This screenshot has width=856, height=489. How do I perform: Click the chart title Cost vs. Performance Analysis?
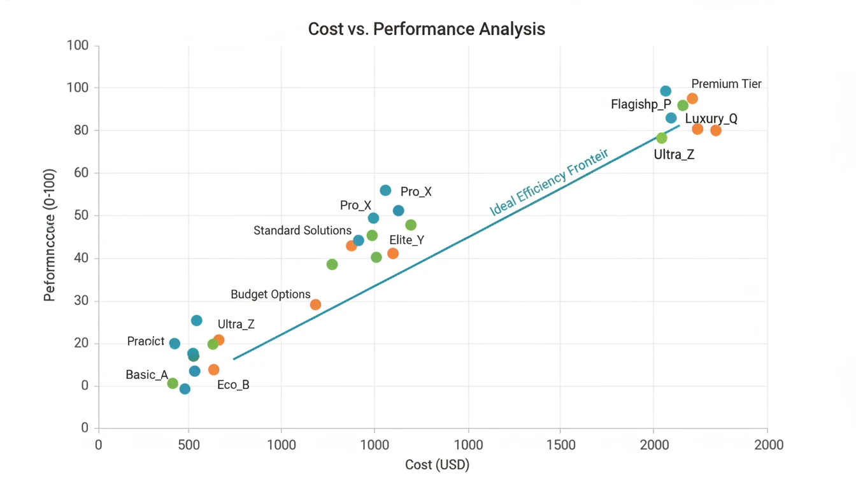[x=426, y=29]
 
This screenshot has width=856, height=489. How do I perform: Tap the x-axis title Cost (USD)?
[x=437, y=465]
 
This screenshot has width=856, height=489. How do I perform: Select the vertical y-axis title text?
[x=50, y=235]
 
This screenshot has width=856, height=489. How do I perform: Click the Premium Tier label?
[x=726, y=84]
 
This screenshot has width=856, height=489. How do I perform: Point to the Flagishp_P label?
[x=641, y=104]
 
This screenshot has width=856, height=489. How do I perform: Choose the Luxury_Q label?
[x=711, y=118]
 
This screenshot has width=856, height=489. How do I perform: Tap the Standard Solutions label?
[x=303, y=230]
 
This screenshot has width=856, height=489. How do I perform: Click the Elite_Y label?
[x=406, y=240]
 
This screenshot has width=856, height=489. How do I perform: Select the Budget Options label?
[x=271, y=294]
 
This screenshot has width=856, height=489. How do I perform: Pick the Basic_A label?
[x=146, y=374]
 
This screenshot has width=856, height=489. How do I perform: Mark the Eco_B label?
[x=233, y=385]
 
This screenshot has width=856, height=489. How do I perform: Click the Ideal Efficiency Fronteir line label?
[x=548, y=182]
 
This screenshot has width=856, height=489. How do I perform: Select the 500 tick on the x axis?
[x=189, y=445]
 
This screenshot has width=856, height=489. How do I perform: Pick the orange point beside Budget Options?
[x=315, y=305]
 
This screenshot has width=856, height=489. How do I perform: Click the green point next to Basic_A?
[x=173, y=383]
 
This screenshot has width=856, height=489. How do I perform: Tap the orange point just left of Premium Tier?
[x=692, y=99]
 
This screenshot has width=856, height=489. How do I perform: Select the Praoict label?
[x=145, y=341]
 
